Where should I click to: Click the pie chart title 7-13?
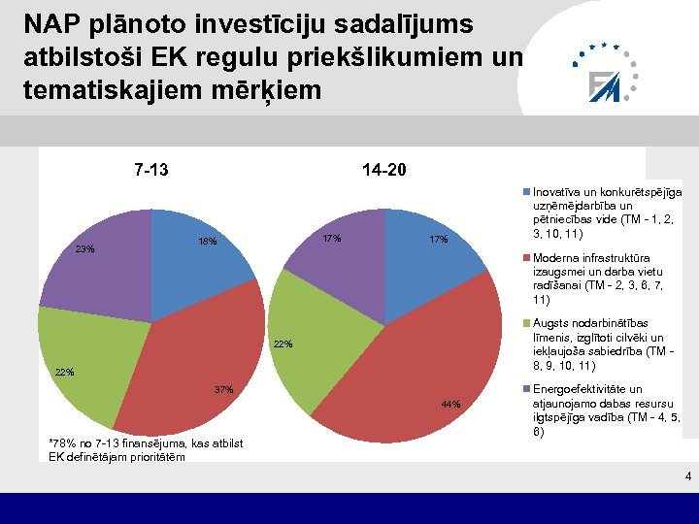(150, 171)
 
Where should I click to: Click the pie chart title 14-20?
(384, 171)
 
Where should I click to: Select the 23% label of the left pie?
(85, 249)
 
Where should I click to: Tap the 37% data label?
(223, 390)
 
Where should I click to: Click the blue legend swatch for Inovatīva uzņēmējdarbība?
(527, 192)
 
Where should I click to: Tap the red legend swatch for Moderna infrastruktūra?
(527, 258)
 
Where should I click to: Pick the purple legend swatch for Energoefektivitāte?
(527, 389)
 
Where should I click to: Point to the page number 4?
(687, 476)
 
